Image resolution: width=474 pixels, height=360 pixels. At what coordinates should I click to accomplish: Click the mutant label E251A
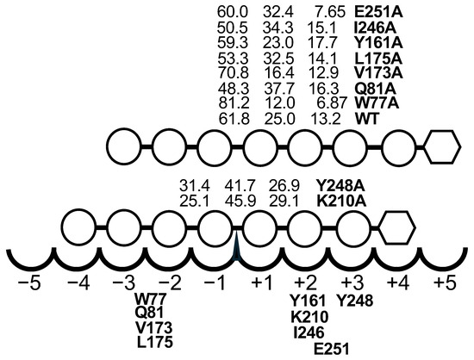click(378, 12)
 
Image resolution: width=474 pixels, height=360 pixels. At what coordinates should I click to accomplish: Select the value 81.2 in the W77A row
click(234, 103)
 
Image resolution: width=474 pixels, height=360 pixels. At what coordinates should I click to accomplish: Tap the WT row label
click(366, 119)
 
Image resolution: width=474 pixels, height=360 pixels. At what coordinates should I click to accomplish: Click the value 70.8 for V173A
click(233, 73)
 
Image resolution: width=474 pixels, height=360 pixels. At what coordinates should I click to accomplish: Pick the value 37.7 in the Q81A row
click(278, 89)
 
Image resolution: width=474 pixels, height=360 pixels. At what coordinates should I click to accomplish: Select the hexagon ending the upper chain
click(442, 147)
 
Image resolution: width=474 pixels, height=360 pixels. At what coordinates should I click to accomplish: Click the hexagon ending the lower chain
click(397, 227)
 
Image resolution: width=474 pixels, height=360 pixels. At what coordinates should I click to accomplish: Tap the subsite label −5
click(29, 284)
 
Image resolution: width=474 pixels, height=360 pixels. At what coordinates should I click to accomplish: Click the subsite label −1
click(215, 284)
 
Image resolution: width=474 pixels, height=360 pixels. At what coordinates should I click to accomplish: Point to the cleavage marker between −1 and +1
click(237, 243)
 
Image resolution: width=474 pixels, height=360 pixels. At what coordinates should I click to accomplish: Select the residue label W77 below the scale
click(150, 300)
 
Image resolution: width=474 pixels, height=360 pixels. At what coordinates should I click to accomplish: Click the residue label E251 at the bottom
click(332, 349)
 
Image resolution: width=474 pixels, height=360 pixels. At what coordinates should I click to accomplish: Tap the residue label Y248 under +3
click(355, 301)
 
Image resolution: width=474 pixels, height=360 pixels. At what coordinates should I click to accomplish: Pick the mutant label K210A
click(341, 202)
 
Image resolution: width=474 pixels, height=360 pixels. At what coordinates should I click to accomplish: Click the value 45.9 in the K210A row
click(240, 202)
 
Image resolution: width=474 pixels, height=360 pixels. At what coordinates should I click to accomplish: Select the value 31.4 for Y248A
click(195, 185)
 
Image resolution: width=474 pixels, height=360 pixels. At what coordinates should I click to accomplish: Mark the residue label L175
click(155, 342)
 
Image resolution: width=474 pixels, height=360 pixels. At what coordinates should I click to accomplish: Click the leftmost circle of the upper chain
click(124, 147)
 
